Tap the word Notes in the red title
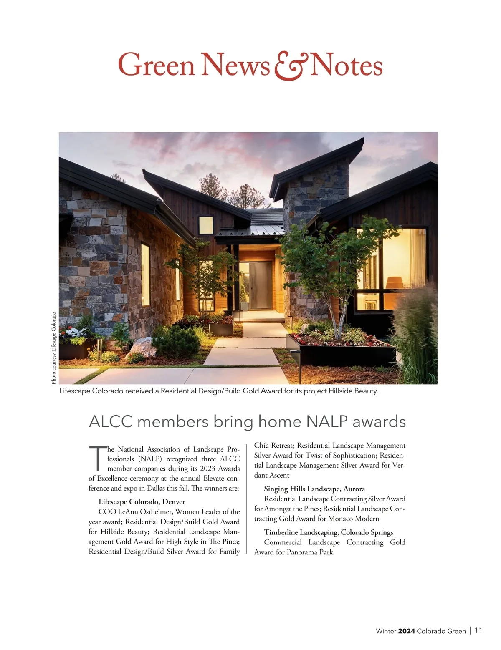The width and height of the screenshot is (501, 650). pos(346,66)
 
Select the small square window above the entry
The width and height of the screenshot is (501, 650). pos(205,225)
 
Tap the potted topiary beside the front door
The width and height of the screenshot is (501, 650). pos(243,297)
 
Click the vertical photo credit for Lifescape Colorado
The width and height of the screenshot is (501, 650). pos(53,348)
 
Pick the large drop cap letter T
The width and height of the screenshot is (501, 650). pos(96,458)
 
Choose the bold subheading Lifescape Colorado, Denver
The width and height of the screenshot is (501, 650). pos(142,501)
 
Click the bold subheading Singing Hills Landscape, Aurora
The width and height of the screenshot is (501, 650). pos(314,489)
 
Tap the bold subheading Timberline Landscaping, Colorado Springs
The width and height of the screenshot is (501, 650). pos(329,532)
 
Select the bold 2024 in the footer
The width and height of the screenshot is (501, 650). pos(406,631)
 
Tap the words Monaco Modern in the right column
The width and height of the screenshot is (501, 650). pos(354,519)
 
